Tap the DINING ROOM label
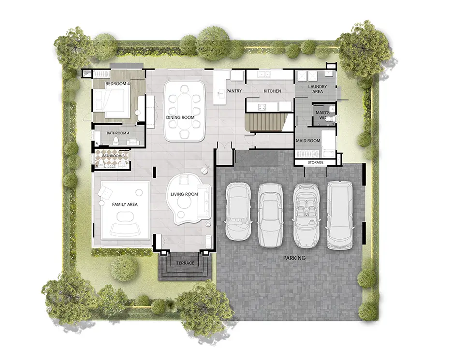[x=180, y=117]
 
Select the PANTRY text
[x=234, y=91]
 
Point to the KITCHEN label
[x=272, y=91]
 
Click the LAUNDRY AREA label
[x=318, y=89]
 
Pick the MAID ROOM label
[x=308, y=141]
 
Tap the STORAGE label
[x=315, y=162]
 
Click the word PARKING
[x=294, y=258]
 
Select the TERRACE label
[x=185, y=263]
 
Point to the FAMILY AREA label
[x=125, y=204]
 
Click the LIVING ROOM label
[x=184, y=194]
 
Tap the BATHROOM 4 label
[x=118, y=133]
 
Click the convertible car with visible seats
[x=306, y=216]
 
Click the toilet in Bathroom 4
[x=116, y=141]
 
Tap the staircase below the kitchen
[x=267, y=122]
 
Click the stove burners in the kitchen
[x=262, y=107]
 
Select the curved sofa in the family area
[x=125, y=228]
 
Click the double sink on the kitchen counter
[x=264, y=74]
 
